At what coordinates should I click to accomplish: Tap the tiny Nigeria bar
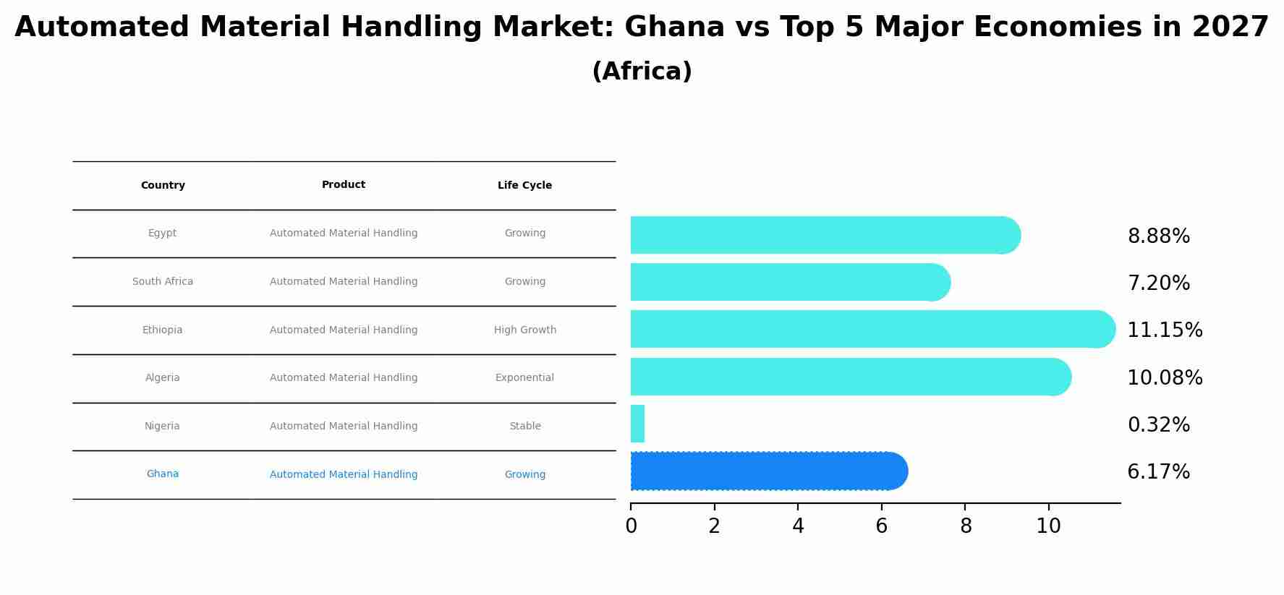(637, 424)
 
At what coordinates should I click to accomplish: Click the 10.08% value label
(1165, 377)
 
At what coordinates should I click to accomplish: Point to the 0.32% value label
(1158, 425)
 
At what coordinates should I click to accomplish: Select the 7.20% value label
(1158, 283)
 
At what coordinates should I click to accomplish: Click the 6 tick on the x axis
(881, 526)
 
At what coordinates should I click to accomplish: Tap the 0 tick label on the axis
(631, 526)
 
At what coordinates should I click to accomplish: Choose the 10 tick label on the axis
(1048, 526)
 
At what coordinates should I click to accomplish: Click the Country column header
(163, 186)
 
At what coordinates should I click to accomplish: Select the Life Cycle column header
(524, 186)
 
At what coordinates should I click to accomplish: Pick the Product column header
(344, 185)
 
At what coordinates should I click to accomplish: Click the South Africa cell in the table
(163, 282)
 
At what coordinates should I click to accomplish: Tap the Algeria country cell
(163, 378)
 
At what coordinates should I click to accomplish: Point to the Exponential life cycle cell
(524, 378)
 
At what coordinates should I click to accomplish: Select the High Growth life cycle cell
(525, 330)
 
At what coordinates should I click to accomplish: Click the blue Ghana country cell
(163, 474)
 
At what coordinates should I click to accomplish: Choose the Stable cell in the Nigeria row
(525, 427)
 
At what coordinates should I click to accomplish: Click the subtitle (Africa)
(642, 72)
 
